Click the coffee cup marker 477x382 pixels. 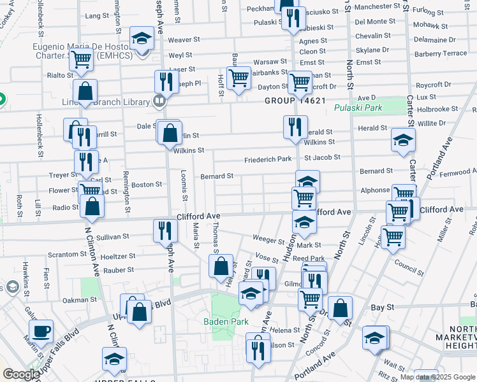click(x=41, y=331)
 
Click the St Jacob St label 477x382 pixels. click(x=322, y=158)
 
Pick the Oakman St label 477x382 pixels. click(x=79, y=300)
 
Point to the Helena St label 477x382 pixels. click(x=284, y=330)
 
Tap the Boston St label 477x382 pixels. click(x=147, y=185)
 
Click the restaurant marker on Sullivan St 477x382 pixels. click(x=165, y=230)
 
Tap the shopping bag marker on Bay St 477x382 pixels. click(x=341, y=308)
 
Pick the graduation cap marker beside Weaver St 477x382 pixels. click(x=142, y=38)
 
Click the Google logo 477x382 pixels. click(x=21, y=374)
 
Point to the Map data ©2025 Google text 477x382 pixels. click(x=437, y=377)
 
